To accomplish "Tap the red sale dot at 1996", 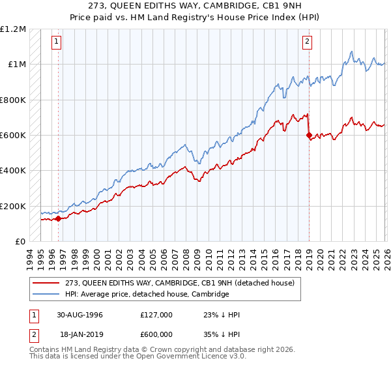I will click(x=58, y=219).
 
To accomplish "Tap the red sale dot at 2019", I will click(x=309, y=136).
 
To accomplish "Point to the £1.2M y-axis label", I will click(x=14, y=29).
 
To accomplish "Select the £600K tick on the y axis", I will click(x=13, y=136).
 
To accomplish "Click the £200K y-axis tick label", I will click(x=13, y=206).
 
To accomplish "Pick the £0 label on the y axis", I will click(x=20, y=242).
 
